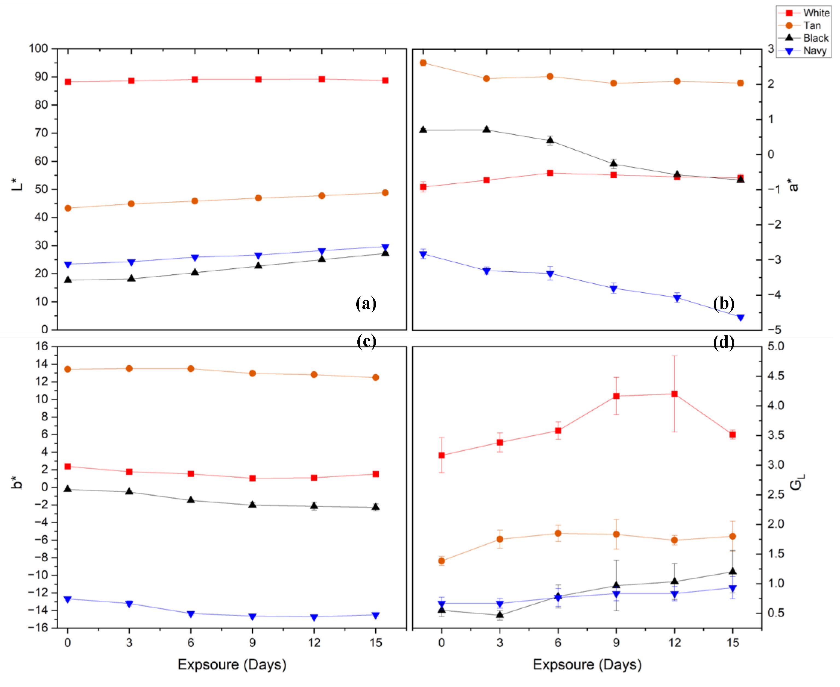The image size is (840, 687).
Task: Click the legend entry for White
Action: click(x=815, y=13)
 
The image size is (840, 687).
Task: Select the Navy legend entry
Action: click(x=814, y=51)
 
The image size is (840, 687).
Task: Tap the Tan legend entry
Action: click(x=812, y=26)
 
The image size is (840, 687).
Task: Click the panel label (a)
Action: click(x=366, y=304)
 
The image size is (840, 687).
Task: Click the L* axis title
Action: click(x=17, y=184)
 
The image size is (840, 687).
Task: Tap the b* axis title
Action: click(x=17, y=483)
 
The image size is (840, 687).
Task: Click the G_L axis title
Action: click(x=797, y=482)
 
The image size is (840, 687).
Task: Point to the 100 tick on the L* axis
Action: click(x=38, y=49)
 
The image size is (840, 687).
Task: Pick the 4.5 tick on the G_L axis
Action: click(x=775, y=376)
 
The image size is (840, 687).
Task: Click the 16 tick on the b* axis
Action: click(x=41, y=346)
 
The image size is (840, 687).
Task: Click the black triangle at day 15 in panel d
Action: click(x=732, y=571)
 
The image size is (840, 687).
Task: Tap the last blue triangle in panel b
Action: click(x=740, y=317)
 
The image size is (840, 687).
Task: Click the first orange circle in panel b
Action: click(x=423, y=63)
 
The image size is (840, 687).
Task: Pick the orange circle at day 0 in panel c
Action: click(x=68, y=369)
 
